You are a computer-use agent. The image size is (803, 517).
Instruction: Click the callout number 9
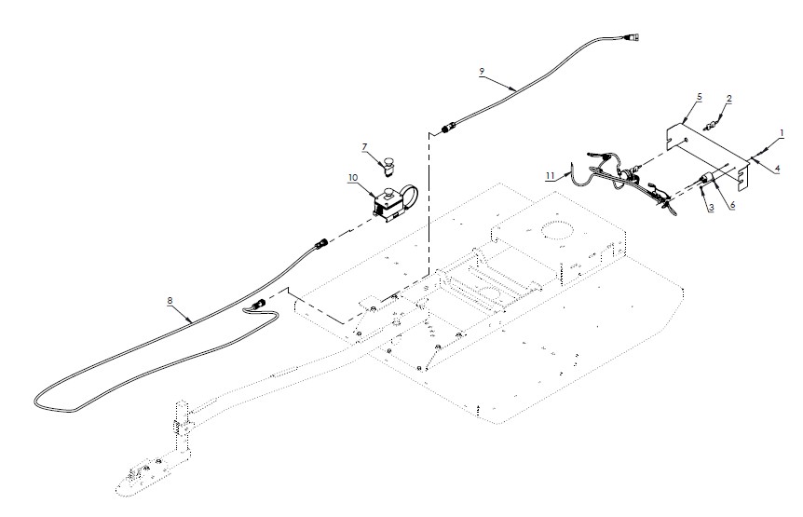pyautogui.click(x=482, y=71)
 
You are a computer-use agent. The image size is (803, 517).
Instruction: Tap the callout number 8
pyautogui.click(x=170, y=301)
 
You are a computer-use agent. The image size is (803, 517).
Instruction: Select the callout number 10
pyautogui.click(x=353, y=176)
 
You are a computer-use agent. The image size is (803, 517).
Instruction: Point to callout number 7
pyautogui.click(x=364, y=146)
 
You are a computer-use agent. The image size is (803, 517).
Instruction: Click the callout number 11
pyautogui.click(x=550, y=174)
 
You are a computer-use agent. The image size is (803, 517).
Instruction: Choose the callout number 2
pyautogui.click(x=728, y=98)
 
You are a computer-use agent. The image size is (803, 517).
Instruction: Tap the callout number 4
pyautogui.click(x=776, y=168)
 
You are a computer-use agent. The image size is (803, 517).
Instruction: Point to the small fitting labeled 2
pyautogui.click(x=714, y=124)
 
